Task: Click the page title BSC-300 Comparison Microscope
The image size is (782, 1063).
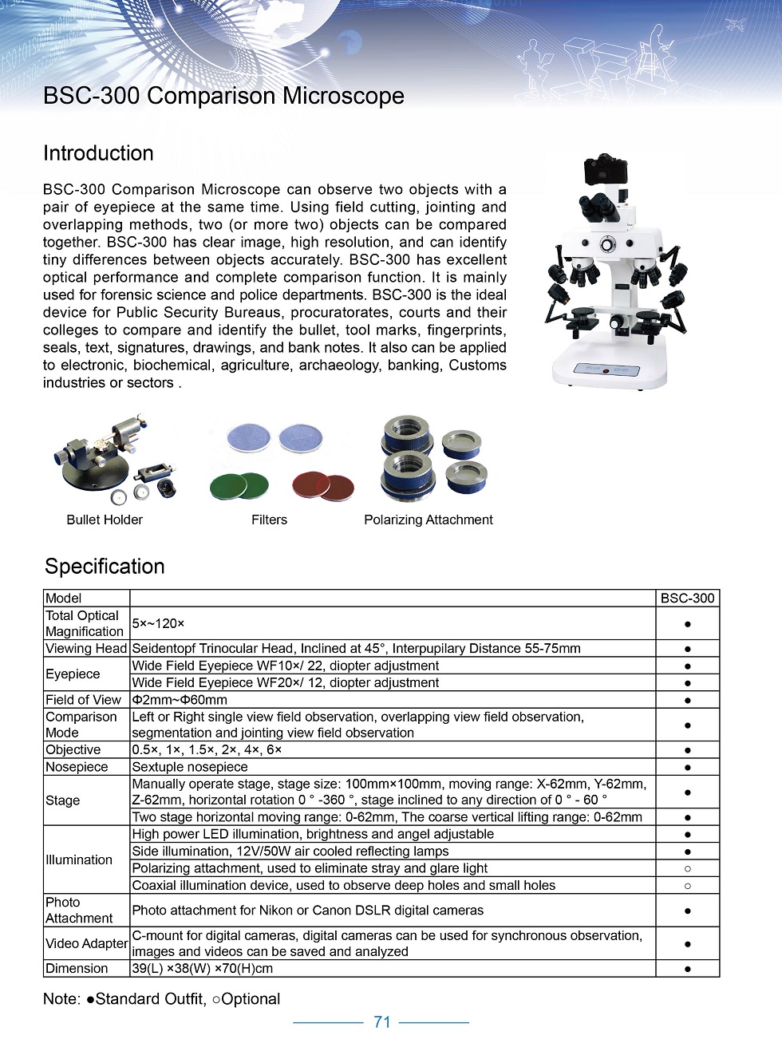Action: [223, 96]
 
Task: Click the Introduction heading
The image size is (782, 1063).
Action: [98, 153]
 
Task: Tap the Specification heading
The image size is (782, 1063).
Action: [105, 566]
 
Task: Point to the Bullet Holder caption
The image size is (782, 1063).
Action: [105, 520]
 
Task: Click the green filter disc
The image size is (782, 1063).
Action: [239, 484]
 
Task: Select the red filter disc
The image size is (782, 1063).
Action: [322, 484]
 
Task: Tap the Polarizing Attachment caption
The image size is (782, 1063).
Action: [429, 520]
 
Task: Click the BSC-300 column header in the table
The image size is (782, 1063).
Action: [687, 598]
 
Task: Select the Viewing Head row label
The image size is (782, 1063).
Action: [86, 648]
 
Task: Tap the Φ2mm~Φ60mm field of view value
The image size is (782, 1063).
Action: [180, 699]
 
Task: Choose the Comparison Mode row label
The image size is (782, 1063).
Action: [81, 725]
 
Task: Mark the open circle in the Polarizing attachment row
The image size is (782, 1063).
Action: [688, 868]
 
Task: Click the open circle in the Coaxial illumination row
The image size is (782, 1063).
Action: [688, 885]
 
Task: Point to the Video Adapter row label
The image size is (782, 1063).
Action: [86, 943]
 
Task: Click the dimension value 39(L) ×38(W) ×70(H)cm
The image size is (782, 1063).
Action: [203, 968]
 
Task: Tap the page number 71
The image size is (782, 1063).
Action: [382, 1022]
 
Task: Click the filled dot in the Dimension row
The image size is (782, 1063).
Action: [688, 969]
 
